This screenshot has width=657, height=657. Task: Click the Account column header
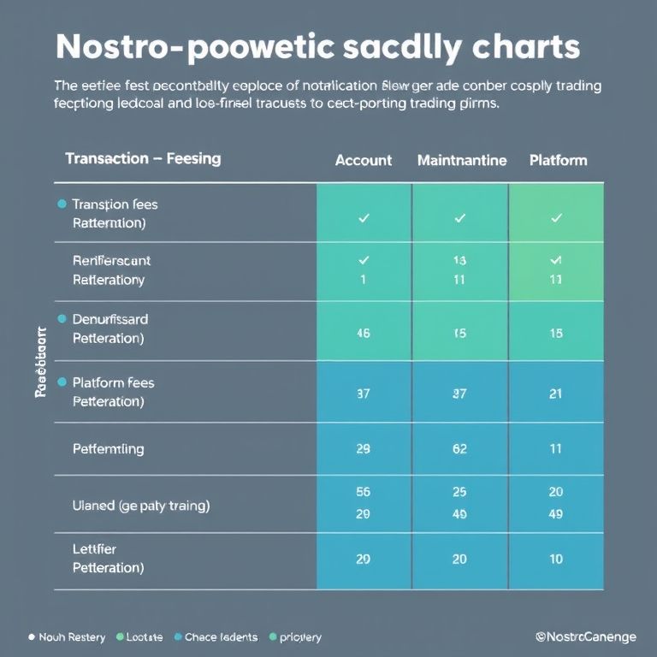364,160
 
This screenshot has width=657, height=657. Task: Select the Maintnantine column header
462,160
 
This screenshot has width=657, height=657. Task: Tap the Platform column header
558,160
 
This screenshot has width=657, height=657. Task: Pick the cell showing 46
364,334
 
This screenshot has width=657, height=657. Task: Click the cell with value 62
459,448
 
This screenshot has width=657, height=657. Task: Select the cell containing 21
556,394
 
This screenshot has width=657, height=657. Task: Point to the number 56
363,492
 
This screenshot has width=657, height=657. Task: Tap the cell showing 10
556,559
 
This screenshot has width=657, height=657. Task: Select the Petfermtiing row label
109,448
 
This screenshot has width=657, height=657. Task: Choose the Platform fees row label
114,382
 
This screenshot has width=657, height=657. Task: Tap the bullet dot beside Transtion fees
61,204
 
